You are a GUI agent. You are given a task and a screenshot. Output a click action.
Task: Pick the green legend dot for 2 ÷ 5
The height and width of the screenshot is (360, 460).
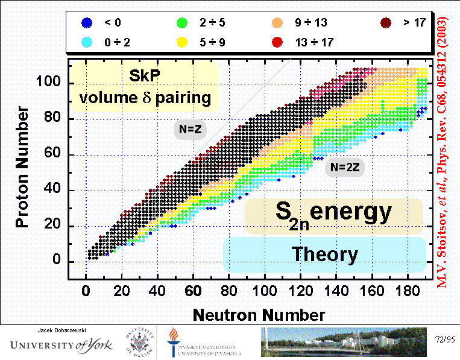pos(181,23)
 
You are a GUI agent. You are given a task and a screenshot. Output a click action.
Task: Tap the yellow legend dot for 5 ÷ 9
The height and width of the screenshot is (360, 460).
pos(181,42)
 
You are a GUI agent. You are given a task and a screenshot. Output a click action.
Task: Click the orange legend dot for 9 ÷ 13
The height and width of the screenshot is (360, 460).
pos(277,23)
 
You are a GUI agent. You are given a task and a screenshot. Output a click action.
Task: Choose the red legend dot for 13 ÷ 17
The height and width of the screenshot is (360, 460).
pos(277,42)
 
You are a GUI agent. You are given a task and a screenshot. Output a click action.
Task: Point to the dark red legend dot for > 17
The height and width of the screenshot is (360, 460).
pos(386,23)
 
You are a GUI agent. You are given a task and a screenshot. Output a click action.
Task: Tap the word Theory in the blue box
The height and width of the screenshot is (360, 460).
pos(324,254)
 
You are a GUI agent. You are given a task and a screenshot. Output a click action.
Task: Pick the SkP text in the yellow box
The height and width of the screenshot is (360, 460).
pos(145,76)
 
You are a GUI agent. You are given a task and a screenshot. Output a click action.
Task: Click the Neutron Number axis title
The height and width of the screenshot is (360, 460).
pos(259,314)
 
